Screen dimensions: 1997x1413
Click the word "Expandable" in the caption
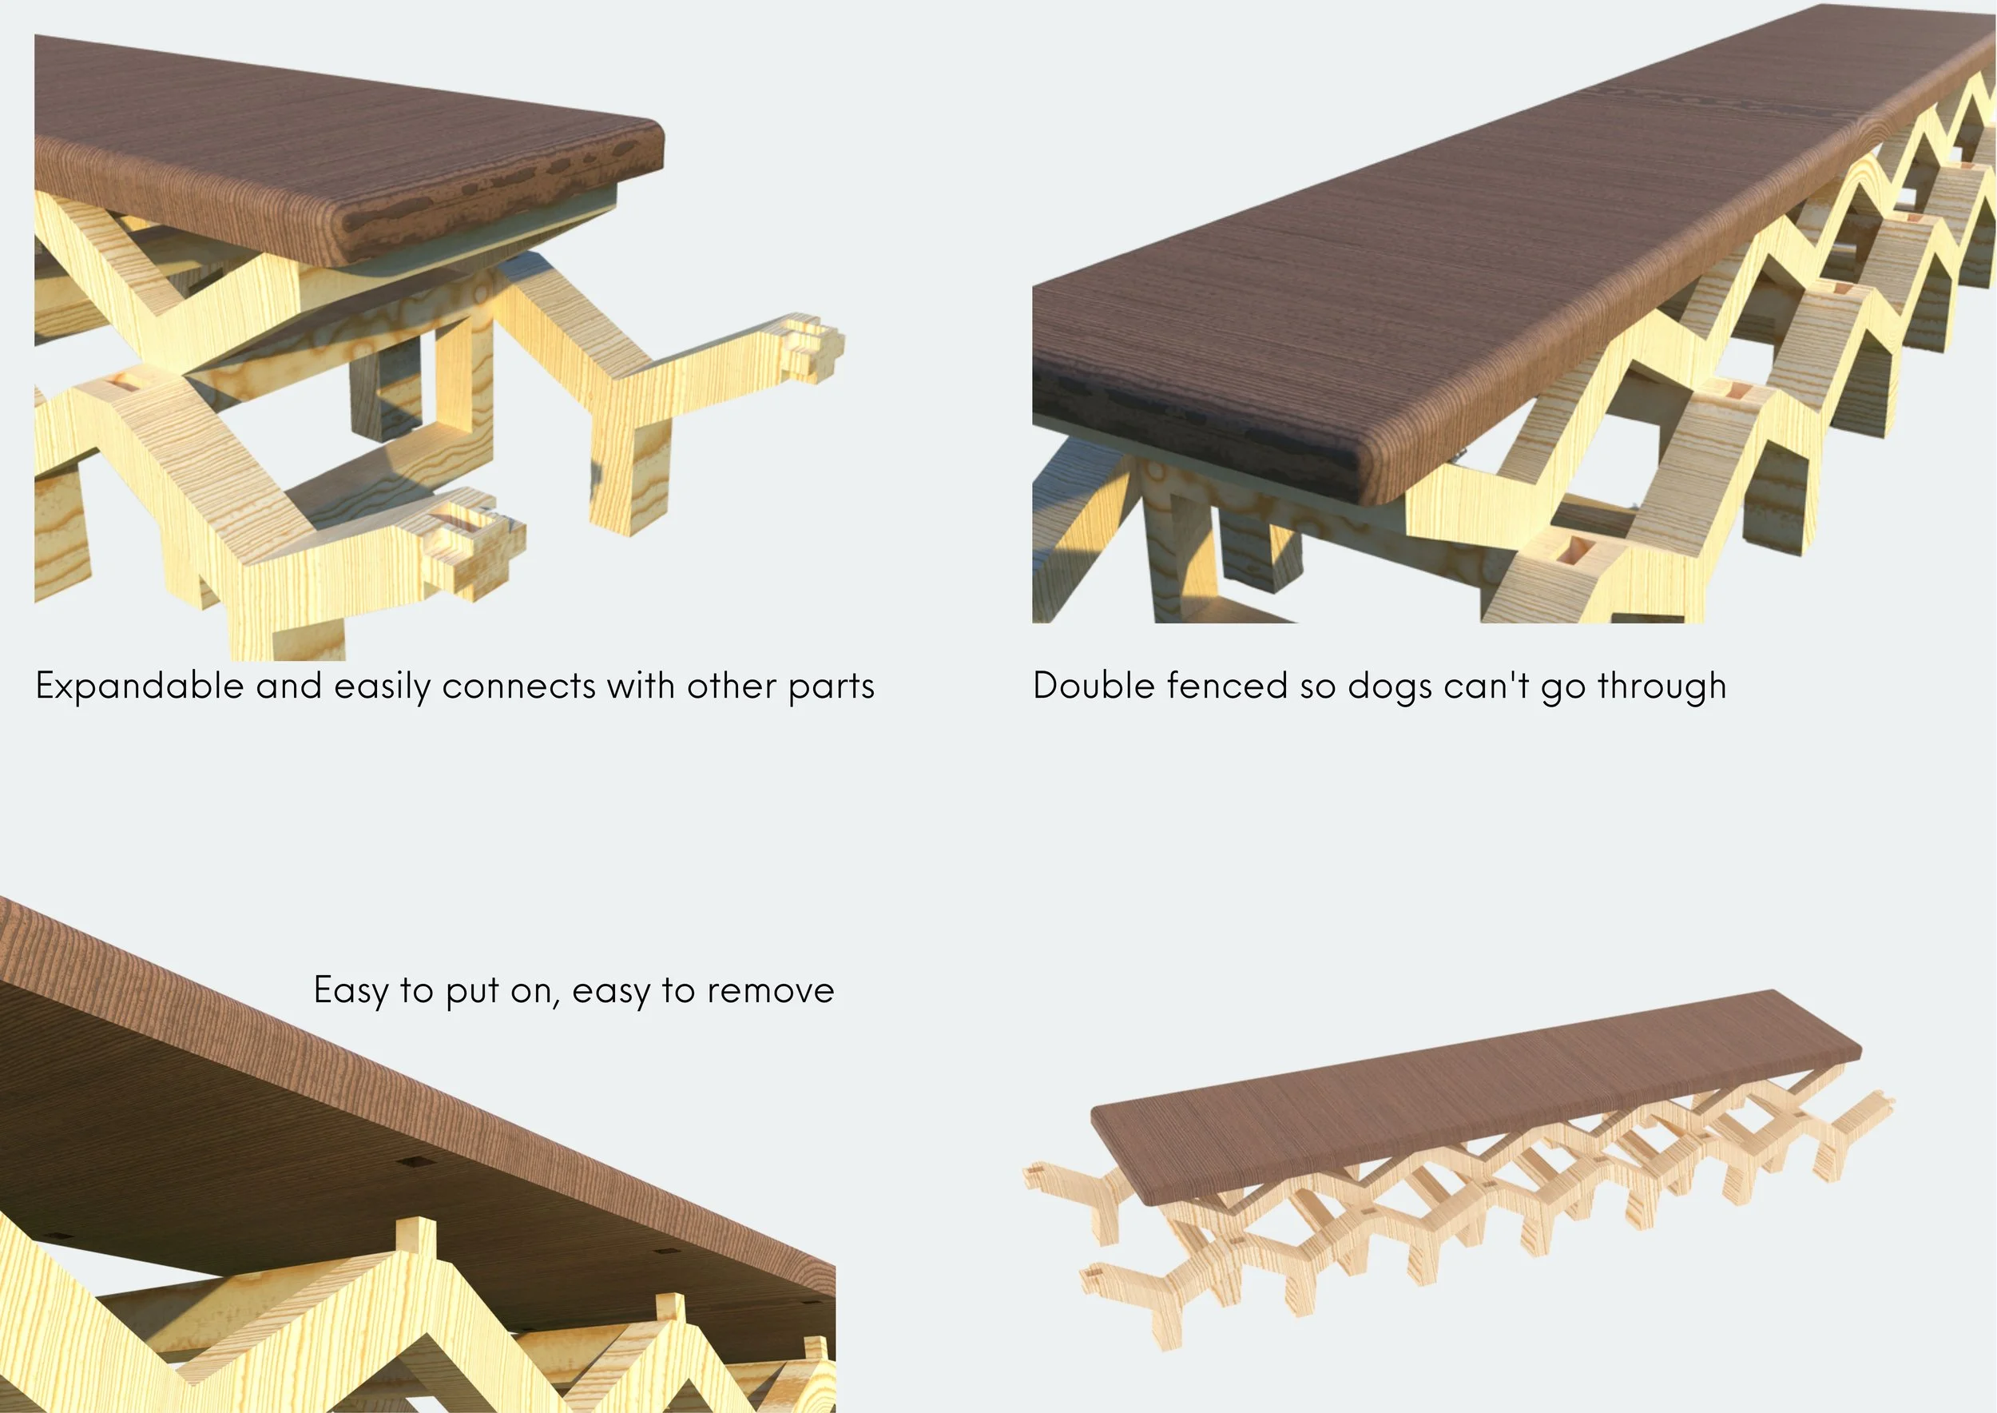pyautogui.click(x=139, y=687)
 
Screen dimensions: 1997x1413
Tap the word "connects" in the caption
pyautogui.click(x=518, y=687)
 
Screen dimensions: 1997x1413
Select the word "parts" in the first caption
pyautogui.click(x=831, y=687)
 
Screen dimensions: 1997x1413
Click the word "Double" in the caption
pyautogui.click(x=1093, y=686)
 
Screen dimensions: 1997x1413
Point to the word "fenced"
pyautogui.click(x=1226, y=686)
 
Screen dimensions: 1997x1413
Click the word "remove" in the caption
pyautogui.click(x=771, y=990)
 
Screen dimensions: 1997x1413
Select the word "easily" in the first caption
pyautogui.click(x=383, y=687)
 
